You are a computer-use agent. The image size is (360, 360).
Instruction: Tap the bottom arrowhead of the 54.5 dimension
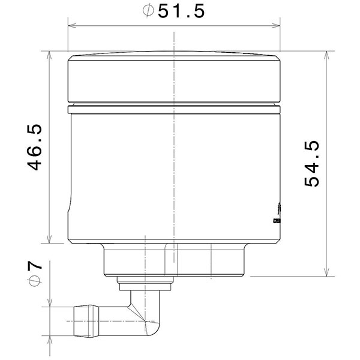pos(326,273)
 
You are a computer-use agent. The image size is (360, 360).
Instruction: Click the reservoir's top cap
pos(174,78)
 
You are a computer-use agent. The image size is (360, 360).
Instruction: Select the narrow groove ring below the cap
pos(174,110)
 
